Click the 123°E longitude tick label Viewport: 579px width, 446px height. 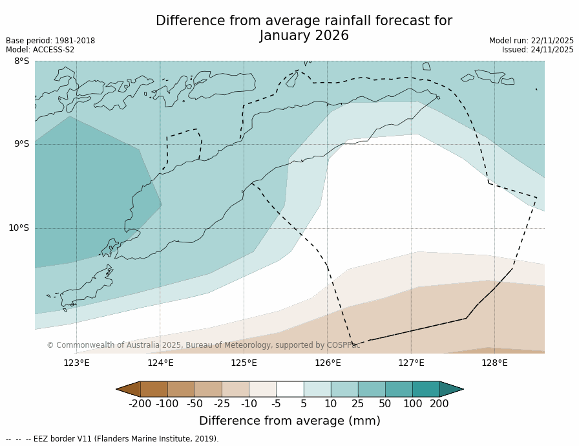[76, 363]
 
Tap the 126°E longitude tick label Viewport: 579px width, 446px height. [328, 363]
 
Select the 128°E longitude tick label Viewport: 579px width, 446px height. [494, 363]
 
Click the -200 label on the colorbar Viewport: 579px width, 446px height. [140, 404]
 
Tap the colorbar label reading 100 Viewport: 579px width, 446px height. [412, 404]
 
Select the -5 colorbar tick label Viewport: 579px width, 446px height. [276, 404]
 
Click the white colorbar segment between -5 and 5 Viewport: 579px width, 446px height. [289, 389]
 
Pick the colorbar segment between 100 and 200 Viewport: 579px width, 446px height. [426, 389]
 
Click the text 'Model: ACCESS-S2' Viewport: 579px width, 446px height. [40, 50]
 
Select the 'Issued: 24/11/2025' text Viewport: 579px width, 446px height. [538, 50]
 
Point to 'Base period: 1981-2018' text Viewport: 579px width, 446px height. [50, 41]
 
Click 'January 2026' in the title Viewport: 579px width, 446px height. [304, 36]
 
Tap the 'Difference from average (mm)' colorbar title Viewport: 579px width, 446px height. [289, 421]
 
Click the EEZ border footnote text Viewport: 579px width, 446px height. [112, 439]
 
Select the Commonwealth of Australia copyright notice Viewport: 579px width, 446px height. [204, 345]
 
